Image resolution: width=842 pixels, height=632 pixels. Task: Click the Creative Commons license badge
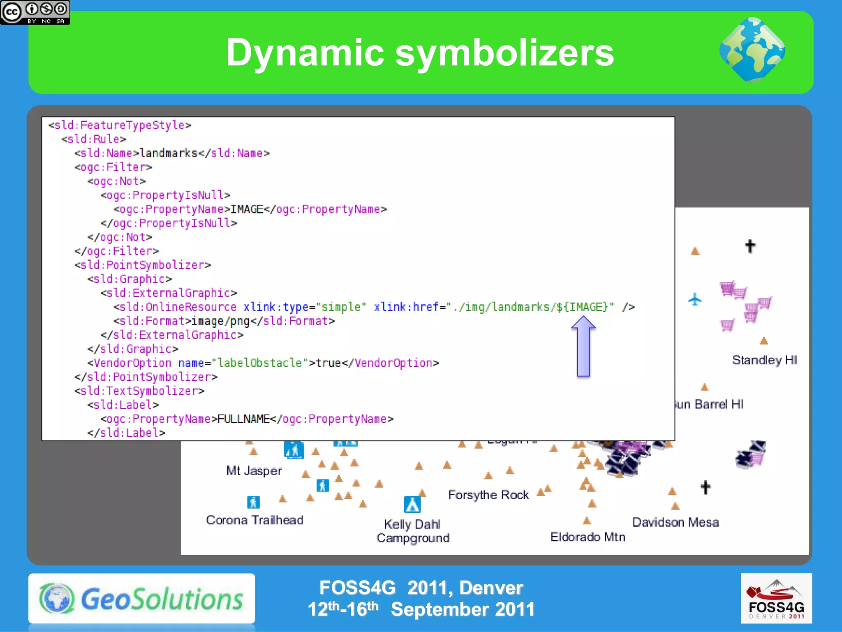click(x=35, y=12)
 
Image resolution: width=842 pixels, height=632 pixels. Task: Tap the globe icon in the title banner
click(x=752, y=50)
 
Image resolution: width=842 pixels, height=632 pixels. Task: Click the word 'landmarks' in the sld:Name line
click(x=169, y=153)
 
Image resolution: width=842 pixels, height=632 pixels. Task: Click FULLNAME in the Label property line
click(x=243, y=419)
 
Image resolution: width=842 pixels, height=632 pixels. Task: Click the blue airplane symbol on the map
click(x=695, y=299)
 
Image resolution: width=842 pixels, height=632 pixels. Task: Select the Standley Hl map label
click(x=764, y=360)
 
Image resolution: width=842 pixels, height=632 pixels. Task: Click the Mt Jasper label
click(x=254, y=470)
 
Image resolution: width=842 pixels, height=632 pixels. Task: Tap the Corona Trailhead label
click(x=254, y=520)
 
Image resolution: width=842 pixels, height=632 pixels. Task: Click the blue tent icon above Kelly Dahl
click(x=412, y=504)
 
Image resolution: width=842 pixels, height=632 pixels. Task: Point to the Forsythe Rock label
click(x=488, y=495)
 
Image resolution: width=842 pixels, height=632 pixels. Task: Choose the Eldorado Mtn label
click(x=588, y=537)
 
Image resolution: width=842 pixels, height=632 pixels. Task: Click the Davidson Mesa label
click(x=675, y=522)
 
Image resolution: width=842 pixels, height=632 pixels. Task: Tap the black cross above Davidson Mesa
click(x=706, y=487)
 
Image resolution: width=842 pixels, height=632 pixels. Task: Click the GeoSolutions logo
click(x=141, y=598)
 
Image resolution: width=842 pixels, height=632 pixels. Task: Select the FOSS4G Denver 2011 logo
click(x=776, y=598)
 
